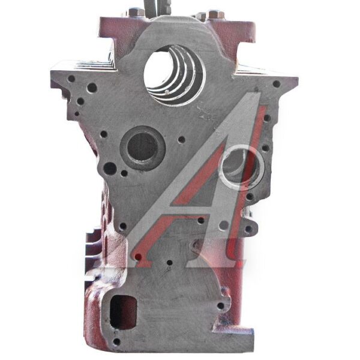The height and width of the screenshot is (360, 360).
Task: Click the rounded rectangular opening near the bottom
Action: (x=123, y=312)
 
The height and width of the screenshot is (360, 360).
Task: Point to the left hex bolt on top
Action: (x=136, y=12)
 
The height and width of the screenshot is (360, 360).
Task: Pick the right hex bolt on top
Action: (x=216, y=14)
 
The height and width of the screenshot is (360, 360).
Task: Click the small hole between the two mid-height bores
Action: (x=182, y=139)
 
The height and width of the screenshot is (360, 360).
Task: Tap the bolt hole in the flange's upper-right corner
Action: (x=277, y=84)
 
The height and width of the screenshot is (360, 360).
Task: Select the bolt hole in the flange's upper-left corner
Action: (x=71, y=79)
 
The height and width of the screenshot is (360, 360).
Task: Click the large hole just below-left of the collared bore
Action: (x=110, y=169)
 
